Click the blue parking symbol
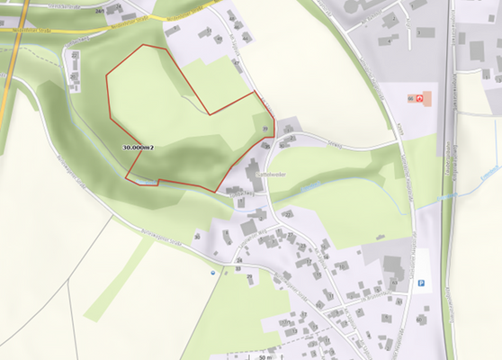click(x=420, y=283)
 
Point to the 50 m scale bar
click(x=261, y=356)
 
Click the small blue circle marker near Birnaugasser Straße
click(x=213, y=270)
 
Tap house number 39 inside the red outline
click(x=264, y=130)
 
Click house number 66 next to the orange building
click(x=411, y=97)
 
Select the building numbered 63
click(x=393, y=285)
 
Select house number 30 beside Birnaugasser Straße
click(x=197, y=236)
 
